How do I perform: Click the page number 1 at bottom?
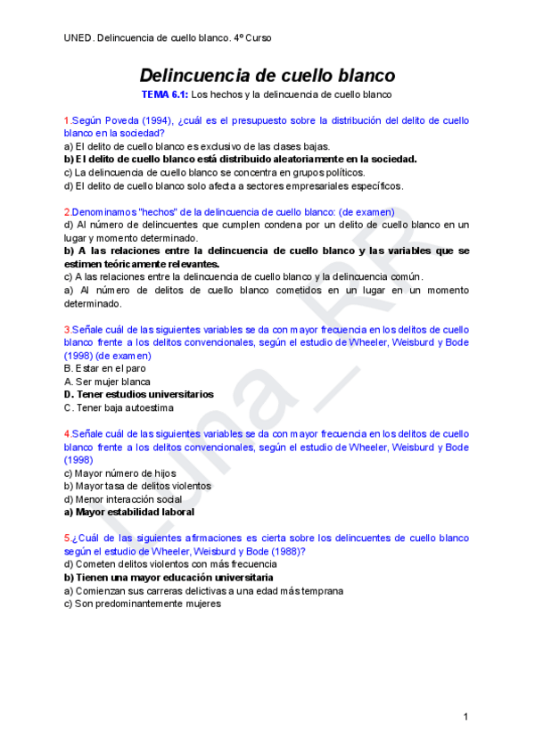point(465,717)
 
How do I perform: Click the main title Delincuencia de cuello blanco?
point(267,76)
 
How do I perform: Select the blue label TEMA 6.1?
point(165,94)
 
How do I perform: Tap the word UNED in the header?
point(78,38)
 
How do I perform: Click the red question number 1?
point(67,119)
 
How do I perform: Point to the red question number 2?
point(67,212)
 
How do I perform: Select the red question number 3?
point(67,330)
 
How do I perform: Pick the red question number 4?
point(67,433)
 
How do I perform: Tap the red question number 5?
point(67,538)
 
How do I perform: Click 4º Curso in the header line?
point(252,38)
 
